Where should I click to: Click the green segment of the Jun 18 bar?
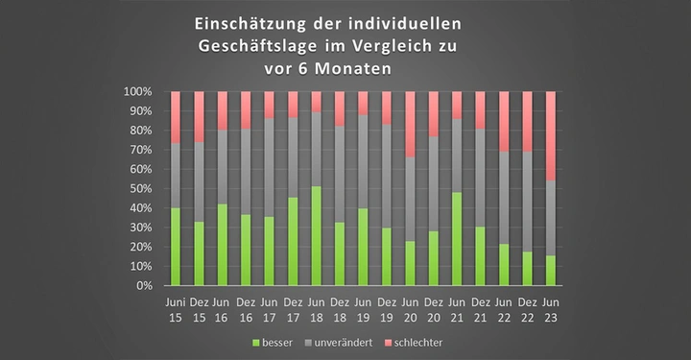click(317, 236)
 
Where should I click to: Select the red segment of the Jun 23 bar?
click(551, 135)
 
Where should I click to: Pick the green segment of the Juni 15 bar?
click(176, 247)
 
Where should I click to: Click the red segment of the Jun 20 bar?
click(411, 124)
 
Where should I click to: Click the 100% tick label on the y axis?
click(137, 92)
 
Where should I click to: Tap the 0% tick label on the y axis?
click(144, 286)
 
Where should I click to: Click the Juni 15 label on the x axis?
click(176, 310)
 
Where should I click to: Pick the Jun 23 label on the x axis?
click(551, 310)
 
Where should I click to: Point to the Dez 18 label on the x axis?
click(340, 310)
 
